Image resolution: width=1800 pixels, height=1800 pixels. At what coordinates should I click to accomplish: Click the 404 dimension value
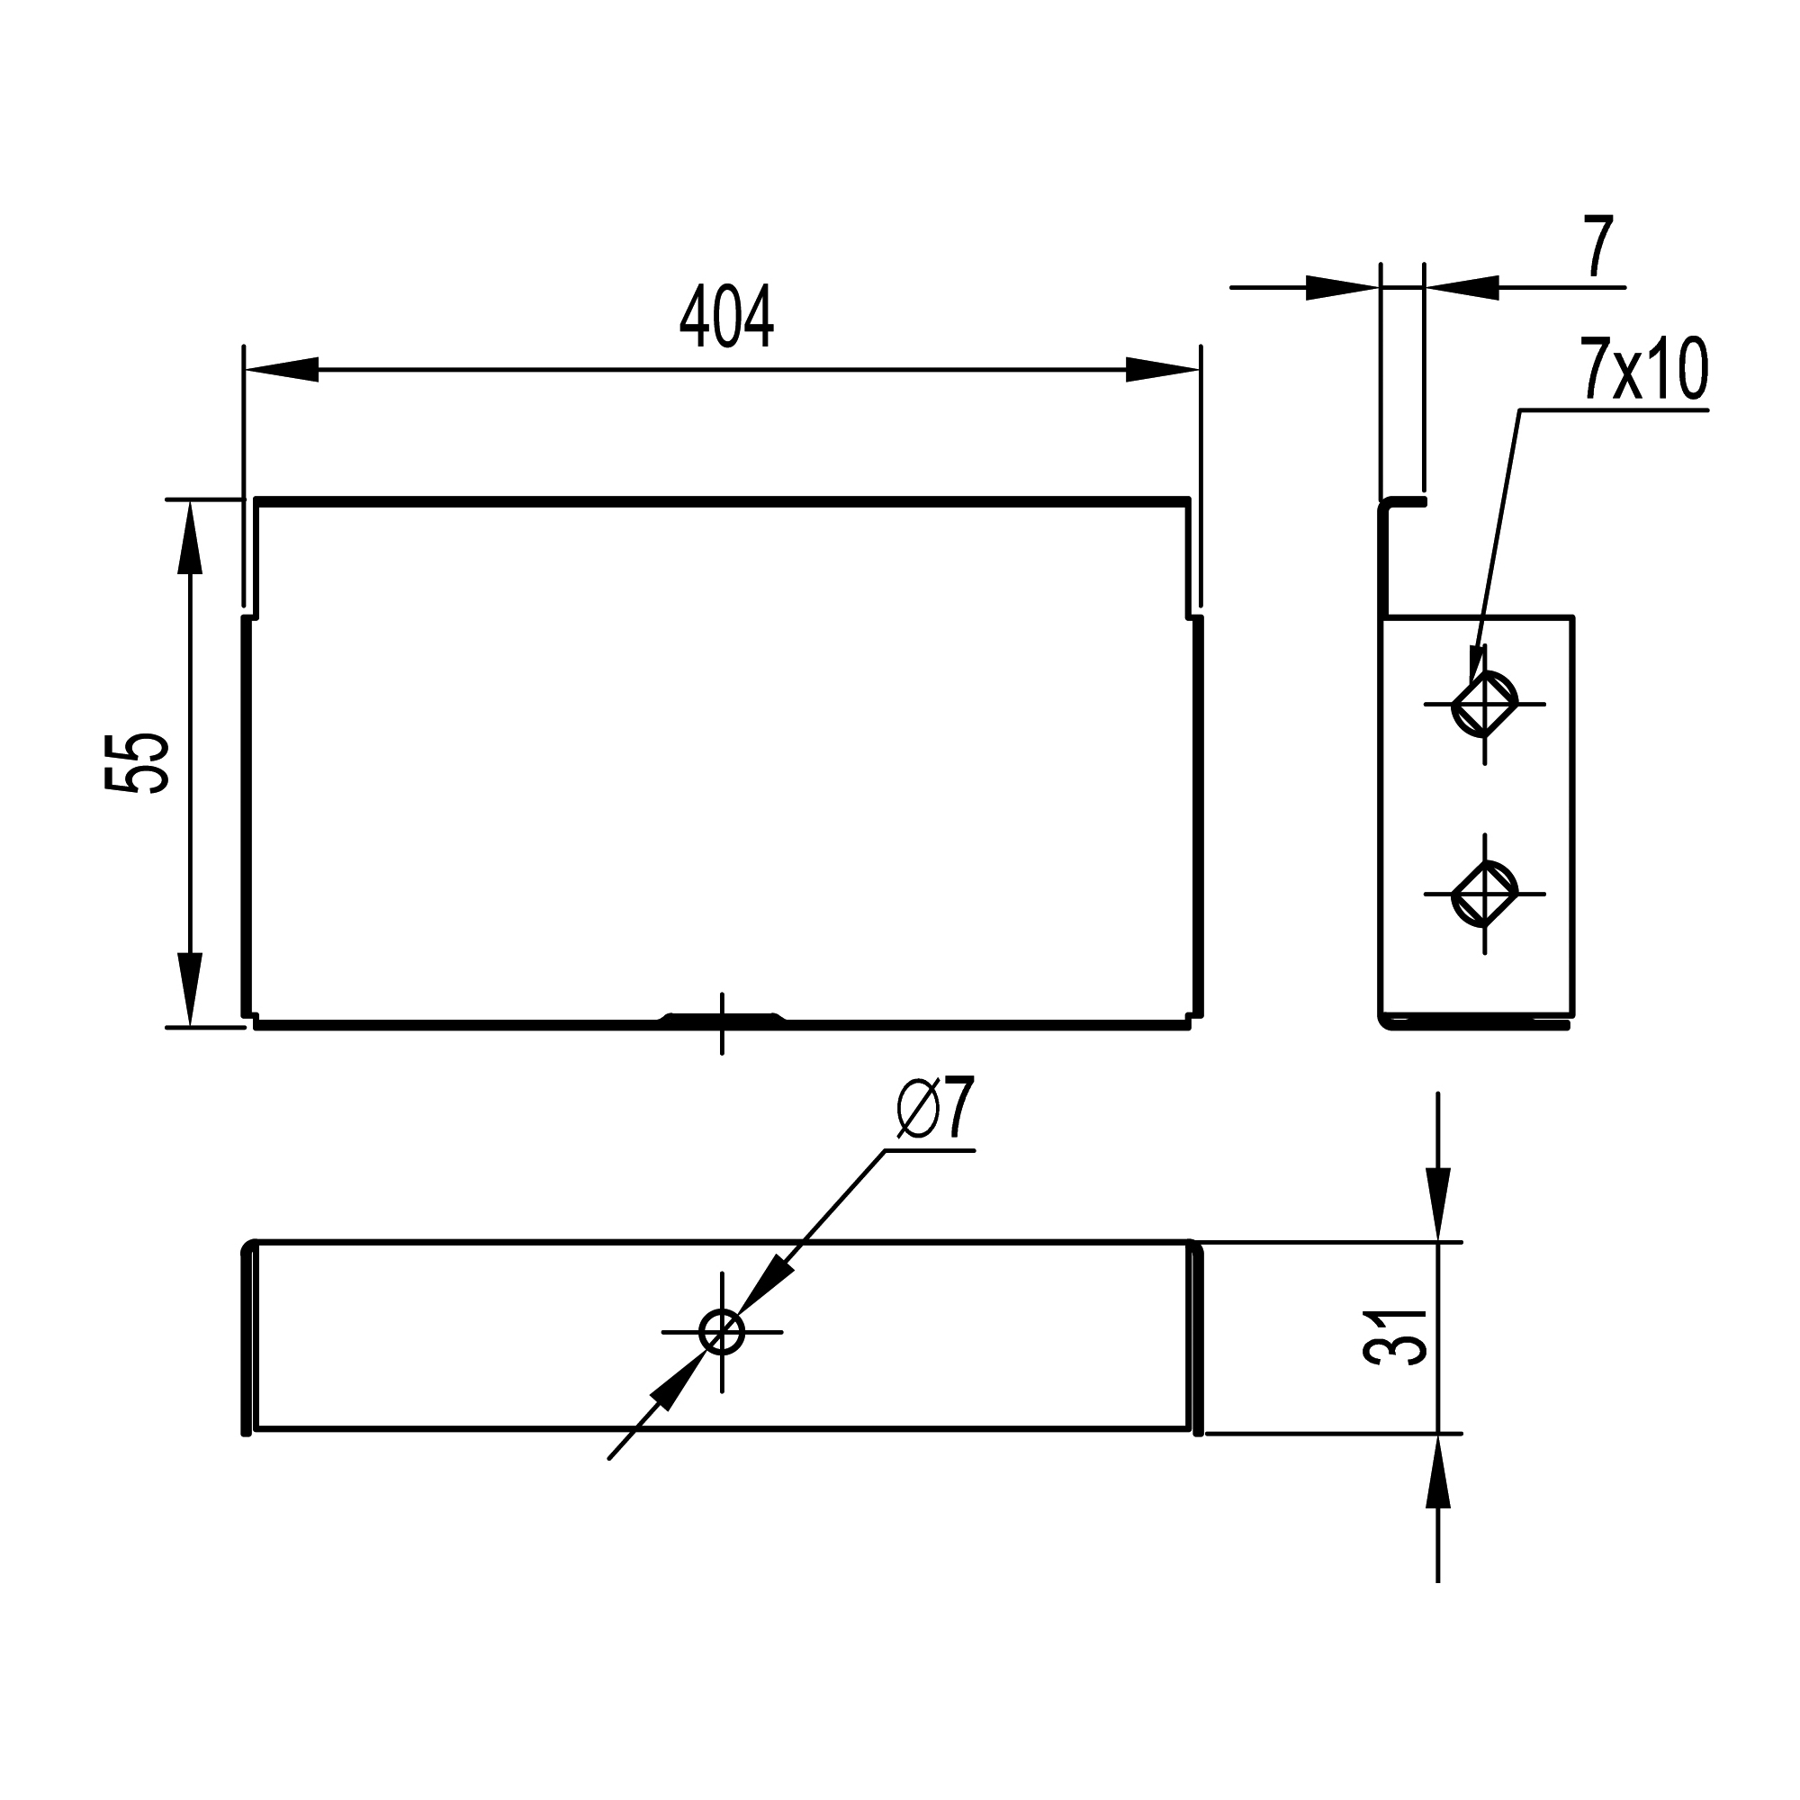click(x=725, y=318)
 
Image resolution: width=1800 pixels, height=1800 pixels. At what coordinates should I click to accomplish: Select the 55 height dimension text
click(x=137, y=763)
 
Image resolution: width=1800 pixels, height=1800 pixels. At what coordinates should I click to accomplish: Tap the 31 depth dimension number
click(x=1395, y=1338)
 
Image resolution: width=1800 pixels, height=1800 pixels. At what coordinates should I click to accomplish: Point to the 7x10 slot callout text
click(x=1643, y=370)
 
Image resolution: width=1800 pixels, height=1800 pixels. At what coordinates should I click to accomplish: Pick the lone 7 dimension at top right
click(x=1598, y=247)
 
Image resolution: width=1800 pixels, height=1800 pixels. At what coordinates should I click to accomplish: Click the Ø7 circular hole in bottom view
click(x=722, y=1332)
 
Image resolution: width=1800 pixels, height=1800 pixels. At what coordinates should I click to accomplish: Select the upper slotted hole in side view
click(x=1484, y=705)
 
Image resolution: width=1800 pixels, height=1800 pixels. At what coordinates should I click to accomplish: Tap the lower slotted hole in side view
click(x=1484, y=894)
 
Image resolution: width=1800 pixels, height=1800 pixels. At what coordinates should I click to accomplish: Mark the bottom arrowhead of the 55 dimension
click(x=190, y=989)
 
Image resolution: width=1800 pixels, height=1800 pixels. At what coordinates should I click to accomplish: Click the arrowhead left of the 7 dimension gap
click(x=1342, y=288)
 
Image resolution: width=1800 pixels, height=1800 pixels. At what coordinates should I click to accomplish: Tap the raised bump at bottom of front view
click(x=722, y=1017)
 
